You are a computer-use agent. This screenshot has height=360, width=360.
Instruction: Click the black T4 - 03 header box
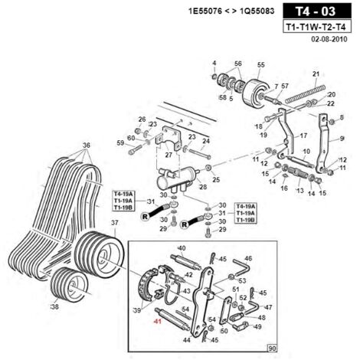tap(317, 11)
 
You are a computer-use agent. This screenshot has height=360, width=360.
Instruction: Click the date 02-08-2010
tap(329, 39)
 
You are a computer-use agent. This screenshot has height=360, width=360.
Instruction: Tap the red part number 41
tap(158, 321)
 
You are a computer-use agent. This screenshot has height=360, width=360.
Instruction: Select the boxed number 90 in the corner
tap(272, 349)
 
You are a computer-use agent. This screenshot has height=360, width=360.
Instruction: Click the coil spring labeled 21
tap(305, 93)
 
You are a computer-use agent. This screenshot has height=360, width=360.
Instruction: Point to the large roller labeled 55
tap(255, 93)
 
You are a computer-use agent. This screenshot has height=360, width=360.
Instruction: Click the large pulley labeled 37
tap(99, 254)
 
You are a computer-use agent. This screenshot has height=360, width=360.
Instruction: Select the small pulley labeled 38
tap(69, 283)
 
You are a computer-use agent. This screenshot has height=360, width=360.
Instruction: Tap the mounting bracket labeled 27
tap(168, 139)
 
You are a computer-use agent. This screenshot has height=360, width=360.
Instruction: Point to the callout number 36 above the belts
tap(87, 146)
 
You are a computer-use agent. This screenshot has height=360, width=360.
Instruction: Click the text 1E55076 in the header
tap(205, 11)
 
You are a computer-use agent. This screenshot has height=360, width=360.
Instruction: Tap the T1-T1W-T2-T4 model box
tap(317, 27)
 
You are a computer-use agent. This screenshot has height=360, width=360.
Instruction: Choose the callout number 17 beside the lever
tap(303, 136)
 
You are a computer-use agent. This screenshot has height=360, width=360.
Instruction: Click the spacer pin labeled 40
tap(186, 262)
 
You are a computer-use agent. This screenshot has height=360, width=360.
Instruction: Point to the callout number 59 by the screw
tap(120, 143)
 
